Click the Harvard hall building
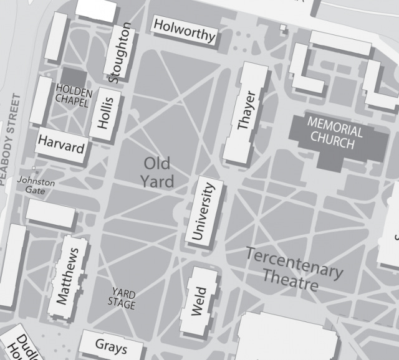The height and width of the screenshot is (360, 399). point(60,145)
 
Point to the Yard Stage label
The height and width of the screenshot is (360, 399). point(123,298)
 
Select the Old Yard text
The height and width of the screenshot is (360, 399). point(156,173)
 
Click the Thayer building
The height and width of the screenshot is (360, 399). point(246,112)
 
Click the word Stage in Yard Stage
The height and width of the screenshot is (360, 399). point(122,305)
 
